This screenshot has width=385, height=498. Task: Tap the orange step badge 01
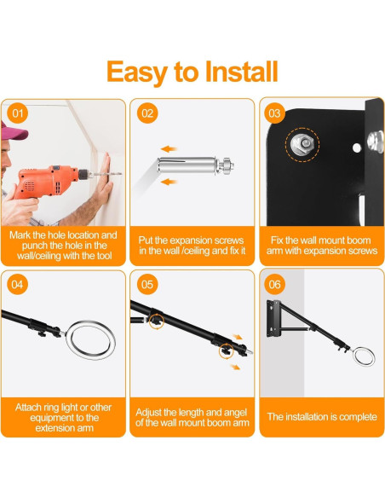point(17,113)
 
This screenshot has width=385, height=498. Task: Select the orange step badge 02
point(147,113)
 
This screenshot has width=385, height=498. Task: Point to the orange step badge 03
point(274,113)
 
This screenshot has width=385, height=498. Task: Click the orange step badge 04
point(17,284)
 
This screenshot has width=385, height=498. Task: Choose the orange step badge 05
point(147,284)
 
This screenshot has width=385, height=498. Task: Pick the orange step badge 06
point(274,284)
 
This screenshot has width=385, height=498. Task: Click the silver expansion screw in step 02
point(195,165)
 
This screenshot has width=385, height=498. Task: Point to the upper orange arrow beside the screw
point(169,149)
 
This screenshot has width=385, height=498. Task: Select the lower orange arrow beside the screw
point(169,182)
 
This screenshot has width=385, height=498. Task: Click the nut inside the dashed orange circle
point(302,145)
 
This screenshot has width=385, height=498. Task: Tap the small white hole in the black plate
point(356,148)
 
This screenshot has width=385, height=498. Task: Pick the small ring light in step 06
point(364,357)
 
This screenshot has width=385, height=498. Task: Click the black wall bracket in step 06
point(273,318)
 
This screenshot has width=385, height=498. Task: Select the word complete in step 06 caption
point(358,417)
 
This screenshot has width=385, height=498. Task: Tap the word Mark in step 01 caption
point(20,235)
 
